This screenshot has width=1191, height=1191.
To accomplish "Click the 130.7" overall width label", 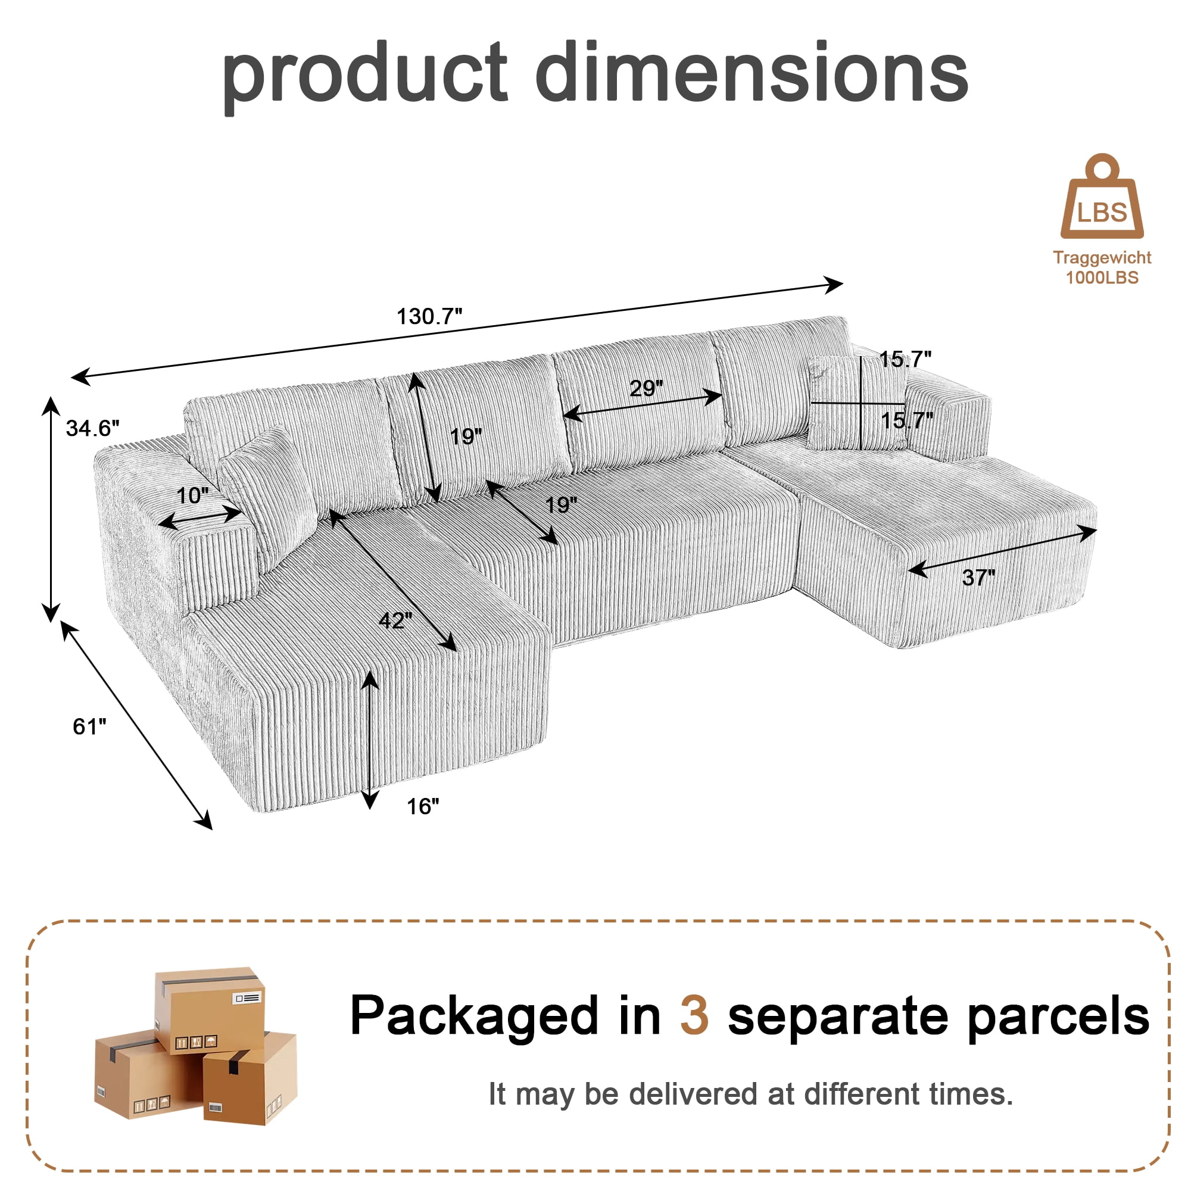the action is click(x=429, y=317).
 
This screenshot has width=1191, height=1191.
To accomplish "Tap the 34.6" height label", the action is click(x=92, y=428).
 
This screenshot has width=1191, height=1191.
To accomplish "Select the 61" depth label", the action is click(x=89, y=726).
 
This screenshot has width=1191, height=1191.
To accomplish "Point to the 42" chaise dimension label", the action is click(x=396, y=619).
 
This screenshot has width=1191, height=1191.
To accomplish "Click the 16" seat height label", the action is click(x=423, y=806).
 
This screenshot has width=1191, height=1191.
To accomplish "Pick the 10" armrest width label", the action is click(x=193, y=495).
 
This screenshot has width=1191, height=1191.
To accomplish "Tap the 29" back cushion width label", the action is click(x=646, y=388).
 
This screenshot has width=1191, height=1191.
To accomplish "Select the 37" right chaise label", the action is click(x=979, y=578).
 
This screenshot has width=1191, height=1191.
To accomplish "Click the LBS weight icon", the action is click(x=1102, y=196).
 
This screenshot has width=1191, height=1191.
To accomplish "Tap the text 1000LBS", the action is click(x=1102, y=278).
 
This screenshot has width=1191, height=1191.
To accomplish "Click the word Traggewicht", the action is click(x=1102, y=258).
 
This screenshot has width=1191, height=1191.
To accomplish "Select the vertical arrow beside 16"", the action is click(x=370, y=740).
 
